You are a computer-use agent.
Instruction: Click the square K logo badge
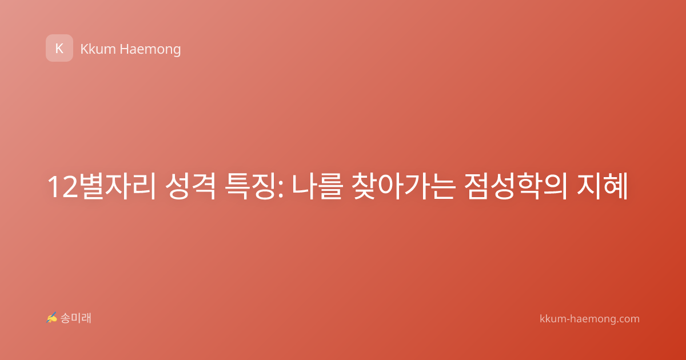tap(59, 48)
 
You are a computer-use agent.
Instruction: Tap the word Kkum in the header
tap(98, 49)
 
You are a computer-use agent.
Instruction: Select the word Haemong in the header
tap(150, 50)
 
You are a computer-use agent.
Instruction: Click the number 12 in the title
tap(62, 187)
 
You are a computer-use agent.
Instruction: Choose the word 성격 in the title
tap(190, 186)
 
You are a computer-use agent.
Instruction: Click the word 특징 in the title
tap(250, 186)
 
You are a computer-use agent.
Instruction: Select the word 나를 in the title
tap(316, 186)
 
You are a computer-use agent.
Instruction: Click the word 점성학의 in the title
tap(516, 186)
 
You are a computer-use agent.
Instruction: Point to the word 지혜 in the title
tap(602, 186)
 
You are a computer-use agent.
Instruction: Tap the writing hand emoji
tap(51, 318)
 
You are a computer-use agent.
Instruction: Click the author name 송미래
tap(75, 318)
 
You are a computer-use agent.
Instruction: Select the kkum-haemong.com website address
tap(589, 319)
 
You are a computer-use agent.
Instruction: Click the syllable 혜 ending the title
tap(616, 186)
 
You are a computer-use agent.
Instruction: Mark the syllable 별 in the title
tap(91, 186)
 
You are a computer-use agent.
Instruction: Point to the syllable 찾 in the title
tap(364, 186)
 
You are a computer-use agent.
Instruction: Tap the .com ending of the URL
tap(628, 319)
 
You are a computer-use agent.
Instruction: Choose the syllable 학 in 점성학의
tap(529, 186)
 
